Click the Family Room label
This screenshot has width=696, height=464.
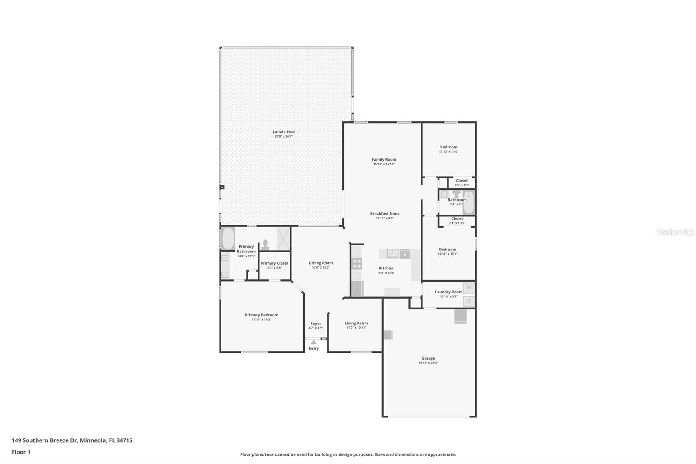point(384,160)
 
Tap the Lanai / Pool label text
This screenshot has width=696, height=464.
point(284,132)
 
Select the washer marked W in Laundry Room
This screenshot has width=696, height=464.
point(468,288)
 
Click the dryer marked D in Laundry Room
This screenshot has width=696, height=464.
point(468,301)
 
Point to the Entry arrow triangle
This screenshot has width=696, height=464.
point(314,343)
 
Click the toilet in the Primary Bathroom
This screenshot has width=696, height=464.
point(265,244)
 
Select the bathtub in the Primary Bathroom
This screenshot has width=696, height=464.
point(228,239)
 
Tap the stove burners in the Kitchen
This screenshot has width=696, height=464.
point(357,263)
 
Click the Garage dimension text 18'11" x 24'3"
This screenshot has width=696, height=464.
point(428,363)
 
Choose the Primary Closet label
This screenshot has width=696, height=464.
point(274,263)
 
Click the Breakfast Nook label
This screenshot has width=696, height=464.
point(385,214)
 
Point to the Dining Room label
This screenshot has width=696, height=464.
point(321,263)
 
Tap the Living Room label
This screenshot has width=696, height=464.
point(356,323)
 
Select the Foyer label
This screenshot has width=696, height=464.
point(316,323)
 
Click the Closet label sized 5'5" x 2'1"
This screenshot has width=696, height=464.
point(462,181)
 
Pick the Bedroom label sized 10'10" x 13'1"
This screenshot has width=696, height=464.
point(447,249)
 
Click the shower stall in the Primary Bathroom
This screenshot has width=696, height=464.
point(283,239)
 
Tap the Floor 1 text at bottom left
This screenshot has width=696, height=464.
point(21,452)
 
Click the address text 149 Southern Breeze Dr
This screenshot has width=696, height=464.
point(72,440)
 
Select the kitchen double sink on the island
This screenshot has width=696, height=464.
point(389,253)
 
